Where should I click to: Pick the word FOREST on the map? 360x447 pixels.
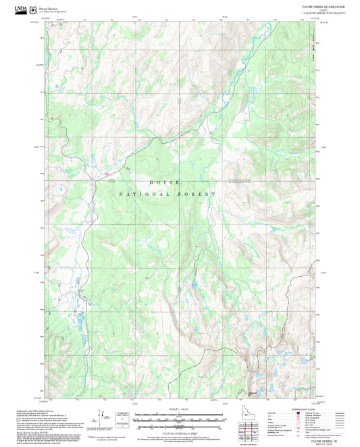point(197,194)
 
